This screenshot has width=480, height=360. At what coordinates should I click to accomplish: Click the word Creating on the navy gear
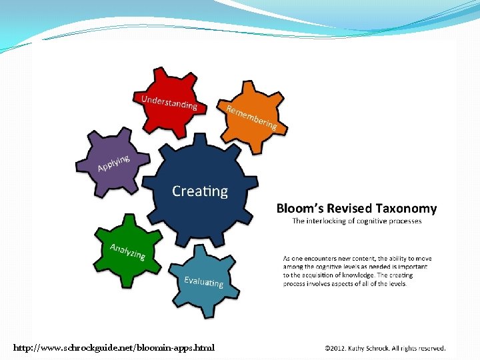coord(199,191)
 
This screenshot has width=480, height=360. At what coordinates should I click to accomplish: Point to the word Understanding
coord(169,102)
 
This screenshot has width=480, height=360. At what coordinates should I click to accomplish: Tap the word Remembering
coord(251,117)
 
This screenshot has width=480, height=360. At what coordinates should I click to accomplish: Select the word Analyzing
coord(127,251)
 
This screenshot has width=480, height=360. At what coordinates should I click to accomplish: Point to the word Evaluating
coord(203,281)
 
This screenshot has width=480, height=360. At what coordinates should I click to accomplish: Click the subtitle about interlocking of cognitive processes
coord(357,221)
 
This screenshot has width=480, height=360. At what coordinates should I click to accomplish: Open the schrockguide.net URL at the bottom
coord(114,348)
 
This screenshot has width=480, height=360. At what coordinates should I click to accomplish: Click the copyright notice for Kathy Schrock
coord(385,348)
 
